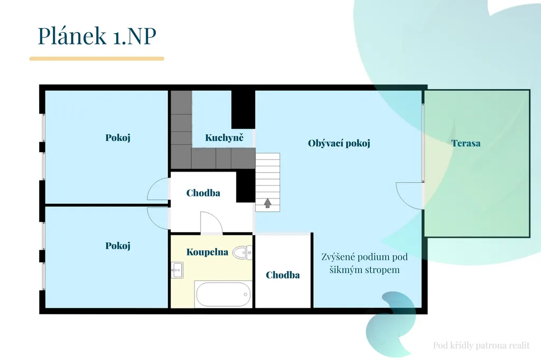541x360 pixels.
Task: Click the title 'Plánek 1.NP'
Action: point(97,35)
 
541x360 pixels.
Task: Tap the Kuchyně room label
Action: point(224,138)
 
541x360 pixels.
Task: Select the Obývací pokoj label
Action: point(339,143)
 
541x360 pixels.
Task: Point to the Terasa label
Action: point(466,143)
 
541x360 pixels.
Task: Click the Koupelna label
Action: point(207,252)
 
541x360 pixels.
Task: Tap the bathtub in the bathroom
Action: point(223,295)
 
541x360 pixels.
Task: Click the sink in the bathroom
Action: point(177,270)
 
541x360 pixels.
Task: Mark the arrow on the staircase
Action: point(267,203)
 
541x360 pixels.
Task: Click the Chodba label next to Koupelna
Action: point(283,275)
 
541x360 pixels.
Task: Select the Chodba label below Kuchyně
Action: point(203,193)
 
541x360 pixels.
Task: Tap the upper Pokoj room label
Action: point(118,138)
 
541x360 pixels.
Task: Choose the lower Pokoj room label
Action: point(118,246)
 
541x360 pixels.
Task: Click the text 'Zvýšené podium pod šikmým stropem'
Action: point(365,263)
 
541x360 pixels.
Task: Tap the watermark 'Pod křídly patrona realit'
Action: point(481,346)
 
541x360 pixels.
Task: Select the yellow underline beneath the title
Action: point(97,59)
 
